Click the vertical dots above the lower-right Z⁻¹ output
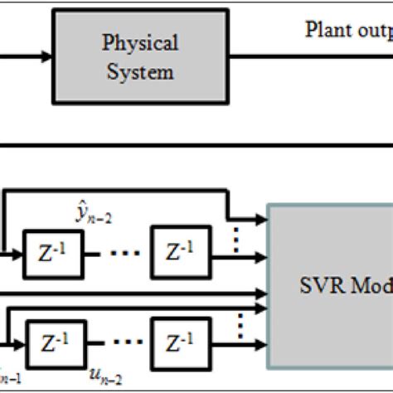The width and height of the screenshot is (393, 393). pyautogui.click(x=240, y=324)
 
